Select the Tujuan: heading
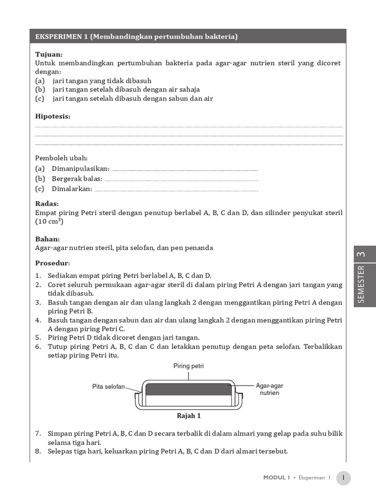49,54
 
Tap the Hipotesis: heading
53,116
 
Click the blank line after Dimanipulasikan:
185,169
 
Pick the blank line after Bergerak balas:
182,180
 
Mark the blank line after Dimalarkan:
176,190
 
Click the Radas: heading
47,204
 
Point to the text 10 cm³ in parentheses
49,222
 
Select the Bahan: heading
47,239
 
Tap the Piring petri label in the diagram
188,365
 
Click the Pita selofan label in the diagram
109,386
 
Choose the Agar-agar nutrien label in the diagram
269,389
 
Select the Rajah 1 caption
188,416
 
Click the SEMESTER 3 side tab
361,276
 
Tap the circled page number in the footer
344,478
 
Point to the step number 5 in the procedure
38,338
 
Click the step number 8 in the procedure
38,451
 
